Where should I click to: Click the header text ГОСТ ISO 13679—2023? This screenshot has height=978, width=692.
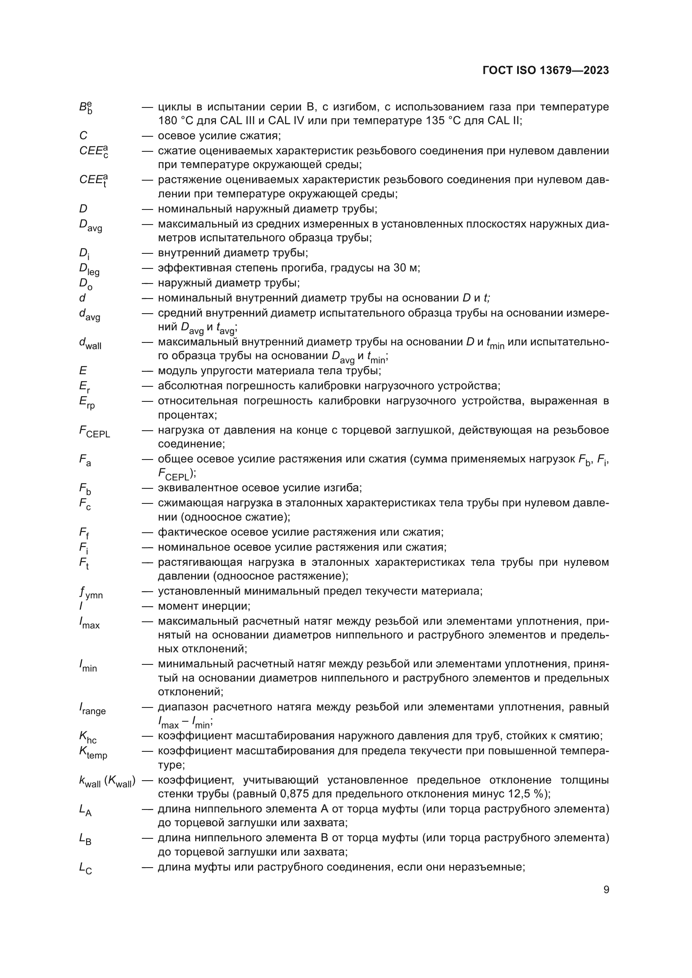coord(546,71)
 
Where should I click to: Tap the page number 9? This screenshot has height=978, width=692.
coord(606,890)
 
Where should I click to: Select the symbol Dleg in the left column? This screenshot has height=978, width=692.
coord(89,269)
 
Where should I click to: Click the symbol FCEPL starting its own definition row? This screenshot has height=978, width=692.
coord(94,432)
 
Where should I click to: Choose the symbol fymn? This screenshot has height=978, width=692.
coord(91,592)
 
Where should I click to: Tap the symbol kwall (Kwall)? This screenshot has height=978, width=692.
coord(107,781)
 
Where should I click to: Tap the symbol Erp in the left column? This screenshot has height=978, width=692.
coord(87,403)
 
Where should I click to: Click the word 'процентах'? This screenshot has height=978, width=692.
coord(187,415)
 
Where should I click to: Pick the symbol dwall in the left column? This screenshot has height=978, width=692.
coord(90,343)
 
